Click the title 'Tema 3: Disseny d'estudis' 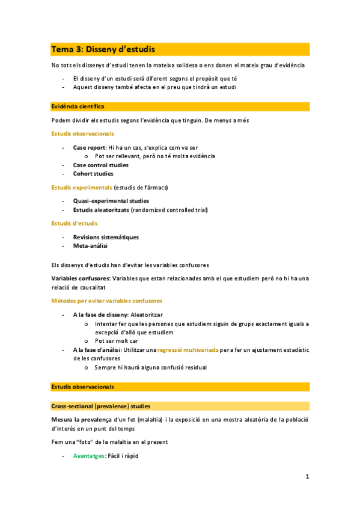coord(103,49)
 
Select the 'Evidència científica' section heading coord(78,106)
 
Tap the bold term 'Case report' coord(89,147)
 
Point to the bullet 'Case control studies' coord(100,165)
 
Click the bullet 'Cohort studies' coord(93,174)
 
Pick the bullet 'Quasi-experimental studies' coord(111,201)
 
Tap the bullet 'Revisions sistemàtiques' coord(106,237)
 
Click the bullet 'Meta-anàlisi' coord(91,246)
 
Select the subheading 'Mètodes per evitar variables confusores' coord(107,301)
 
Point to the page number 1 coord(307,478)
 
